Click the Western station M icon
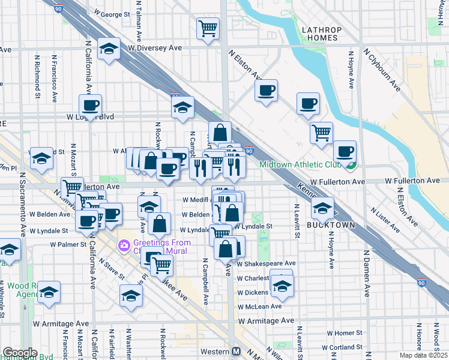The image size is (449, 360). click(237, 351)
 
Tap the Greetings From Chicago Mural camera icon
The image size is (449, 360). click(124, 245)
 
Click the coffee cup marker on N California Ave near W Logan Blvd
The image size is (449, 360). click(90, 105)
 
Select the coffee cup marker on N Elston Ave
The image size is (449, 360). click(266, 90)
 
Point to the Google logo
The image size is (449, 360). click(20, 353)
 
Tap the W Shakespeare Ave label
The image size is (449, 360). click(266, 263)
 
